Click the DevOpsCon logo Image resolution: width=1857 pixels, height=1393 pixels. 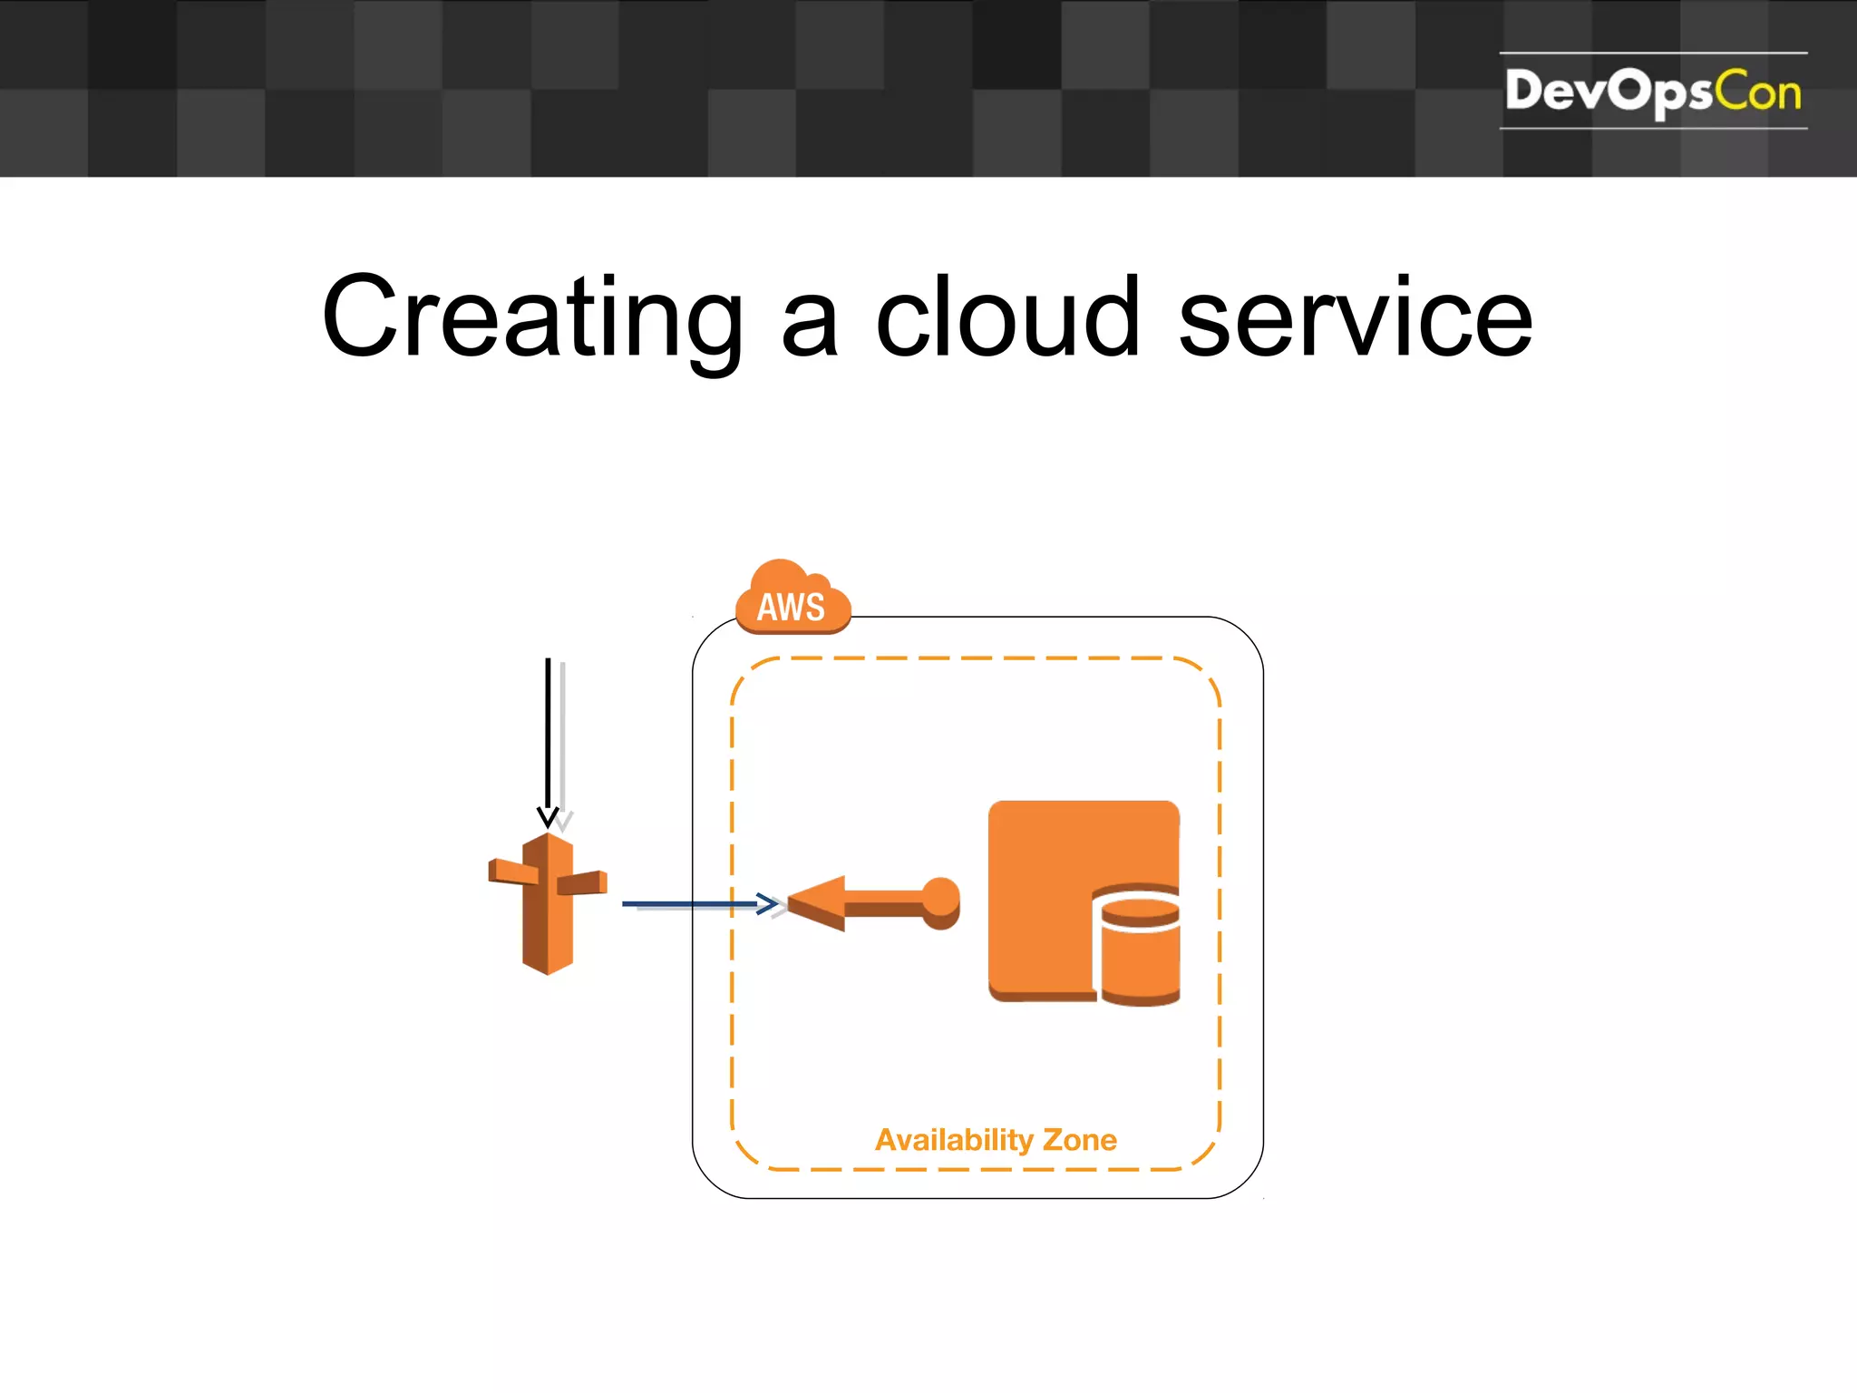pyautogui.click(x=1652, y=91)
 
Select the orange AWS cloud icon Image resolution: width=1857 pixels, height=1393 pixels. pyautogui.click(x=792, y=599)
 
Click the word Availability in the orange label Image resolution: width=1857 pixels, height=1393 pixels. pyautogui.click(x=954, y=1139)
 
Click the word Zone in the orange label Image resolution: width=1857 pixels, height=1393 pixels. pyautogui.click(x=1080, y=1139)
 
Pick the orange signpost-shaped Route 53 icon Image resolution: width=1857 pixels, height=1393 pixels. pyautogui.click(x=548, y=902)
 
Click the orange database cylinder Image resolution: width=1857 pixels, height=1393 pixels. pyautogui.click(x=1140, y=948)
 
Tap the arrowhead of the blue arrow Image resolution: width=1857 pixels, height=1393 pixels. pyautogui.click(x=768, y=903)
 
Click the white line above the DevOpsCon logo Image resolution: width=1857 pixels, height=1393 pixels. pyautogui.click(x=1652, y=53)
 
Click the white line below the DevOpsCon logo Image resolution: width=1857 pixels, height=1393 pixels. pyautogui.click(x=1652, y=128)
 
